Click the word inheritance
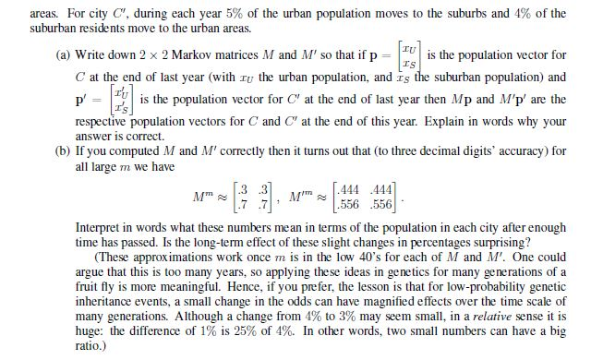coord(91,299)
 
